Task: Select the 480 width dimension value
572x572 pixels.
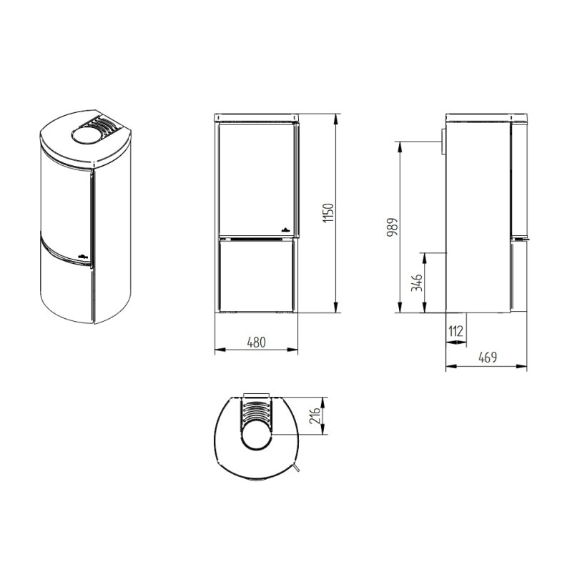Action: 256,342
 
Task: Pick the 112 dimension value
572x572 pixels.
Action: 456,332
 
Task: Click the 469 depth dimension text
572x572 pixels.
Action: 487,357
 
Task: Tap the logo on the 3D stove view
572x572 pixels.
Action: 82,255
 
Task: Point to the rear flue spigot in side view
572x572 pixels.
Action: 443,142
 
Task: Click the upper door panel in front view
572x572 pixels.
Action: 256,179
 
